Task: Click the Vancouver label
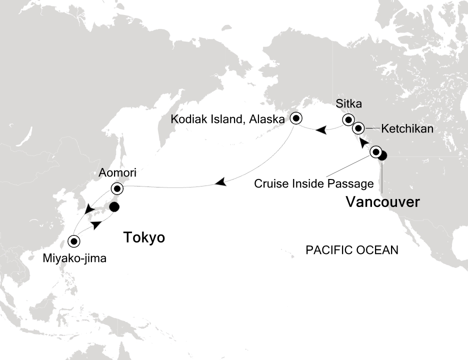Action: pos(382,202)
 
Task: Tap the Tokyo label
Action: pos(144,237)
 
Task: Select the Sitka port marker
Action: pos(347,120)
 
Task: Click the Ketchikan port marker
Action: pos(358,128)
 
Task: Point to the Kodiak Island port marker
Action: pos(296,118)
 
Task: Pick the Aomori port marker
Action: pos(117,189)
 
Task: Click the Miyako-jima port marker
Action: pos(74,241)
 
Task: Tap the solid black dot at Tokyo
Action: pos(114,206)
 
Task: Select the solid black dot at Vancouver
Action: pos(382,155)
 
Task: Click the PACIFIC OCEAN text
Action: pos(352,250)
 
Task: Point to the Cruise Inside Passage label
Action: pos(313,183)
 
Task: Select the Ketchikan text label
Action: pos(407,129)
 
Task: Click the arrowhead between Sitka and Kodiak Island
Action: pos(322,130)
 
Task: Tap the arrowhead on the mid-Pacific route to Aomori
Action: pos(219,183)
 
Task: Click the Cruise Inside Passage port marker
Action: pos(375,152)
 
